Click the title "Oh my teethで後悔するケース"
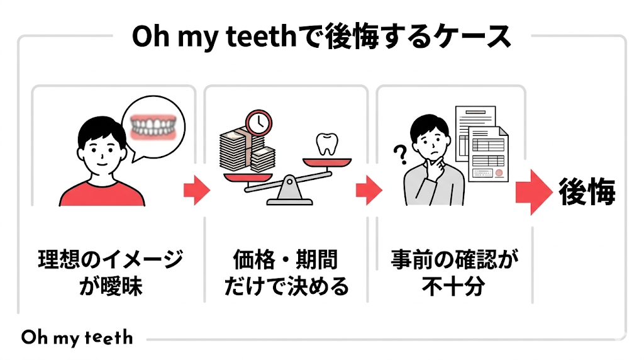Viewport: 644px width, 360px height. pos(321,37)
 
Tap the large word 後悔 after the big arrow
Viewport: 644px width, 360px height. pos(587,193)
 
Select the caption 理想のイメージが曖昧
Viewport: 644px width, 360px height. pos(111,272)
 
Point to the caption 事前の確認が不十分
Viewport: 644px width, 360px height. pos(452,272)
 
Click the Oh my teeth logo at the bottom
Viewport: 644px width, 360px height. pos(77,337)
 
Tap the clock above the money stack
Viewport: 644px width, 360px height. pos(258,121)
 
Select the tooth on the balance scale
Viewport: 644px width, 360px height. pos(326,144)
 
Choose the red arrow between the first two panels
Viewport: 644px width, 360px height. pos(196,189)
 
